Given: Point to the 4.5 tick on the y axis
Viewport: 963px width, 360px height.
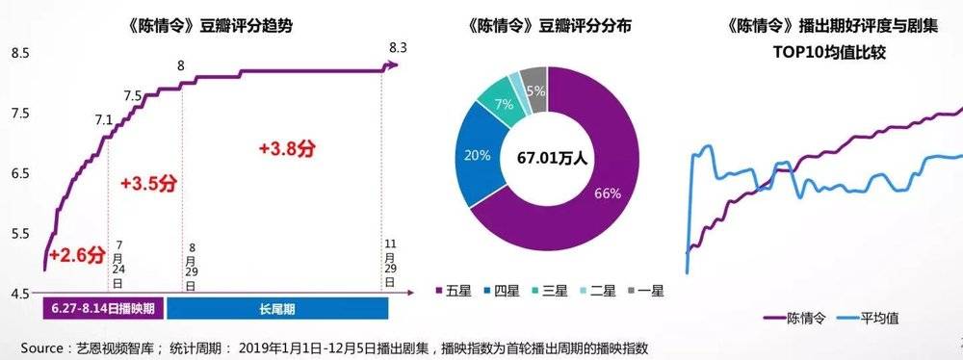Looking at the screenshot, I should pyautogui.click(x=20, y=294).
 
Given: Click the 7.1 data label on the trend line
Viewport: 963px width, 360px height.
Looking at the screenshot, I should pyautogui.click(x=104, y=120).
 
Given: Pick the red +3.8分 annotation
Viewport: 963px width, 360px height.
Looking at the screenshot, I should pyautogui.click(x=288, y=148).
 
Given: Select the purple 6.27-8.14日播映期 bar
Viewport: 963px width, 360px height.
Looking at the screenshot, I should pyautogui.click(x=104, y=309).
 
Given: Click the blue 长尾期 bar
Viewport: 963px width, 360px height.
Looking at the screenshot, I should pyautogui.click(x=277, y=309).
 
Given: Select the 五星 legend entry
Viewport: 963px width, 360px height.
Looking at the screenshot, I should pyautogui.click(x=448, y=288).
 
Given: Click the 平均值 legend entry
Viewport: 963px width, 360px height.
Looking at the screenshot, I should pyautogui.click(x=872, y=317).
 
